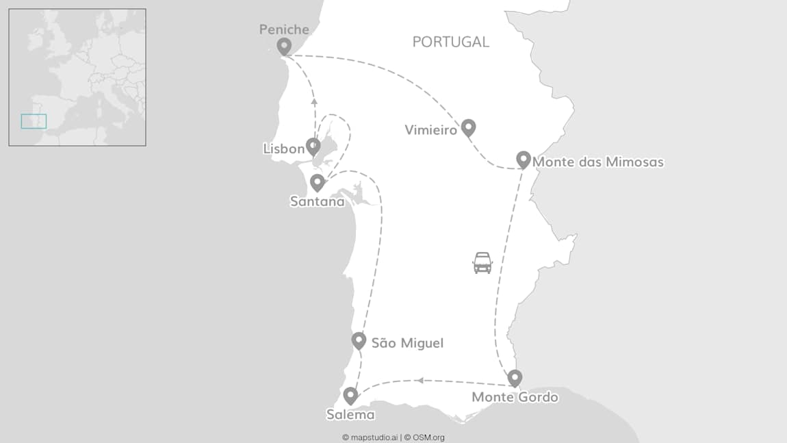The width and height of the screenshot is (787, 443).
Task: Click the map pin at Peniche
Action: point(284,46)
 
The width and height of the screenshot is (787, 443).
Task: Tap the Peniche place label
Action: point(284,29)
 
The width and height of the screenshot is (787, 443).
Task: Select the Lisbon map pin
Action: point(313,146)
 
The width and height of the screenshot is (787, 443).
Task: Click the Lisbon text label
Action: point(283,149)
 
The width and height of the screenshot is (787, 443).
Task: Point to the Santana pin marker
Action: point(317,182)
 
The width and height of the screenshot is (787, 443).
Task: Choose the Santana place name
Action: point(317,201)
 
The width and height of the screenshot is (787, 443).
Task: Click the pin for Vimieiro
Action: point(468,127)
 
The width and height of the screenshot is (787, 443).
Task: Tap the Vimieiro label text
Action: point(430,129)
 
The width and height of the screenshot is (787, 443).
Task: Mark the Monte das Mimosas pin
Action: point(524,159)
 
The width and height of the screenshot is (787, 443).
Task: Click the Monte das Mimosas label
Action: point(597,162)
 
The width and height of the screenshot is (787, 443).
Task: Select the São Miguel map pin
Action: point(359,340)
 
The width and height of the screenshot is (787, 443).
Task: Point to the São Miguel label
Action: point(407,343)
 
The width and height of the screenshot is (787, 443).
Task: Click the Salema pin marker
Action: point(350,395)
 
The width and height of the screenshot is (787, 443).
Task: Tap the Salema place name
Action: point(350,414)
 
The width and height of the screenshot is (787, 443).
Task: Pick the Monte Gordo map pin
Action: point(515,377)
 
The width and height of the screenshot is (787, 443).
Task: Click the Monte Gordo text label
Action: point(515,397)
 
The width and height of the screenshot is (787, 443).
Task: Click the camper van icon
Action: point(482,262)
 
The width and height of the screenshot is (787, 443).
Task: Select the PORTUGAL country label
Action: point(450,42)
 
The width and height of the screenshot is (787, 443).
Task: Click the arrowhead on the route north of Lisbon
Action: point(314,101)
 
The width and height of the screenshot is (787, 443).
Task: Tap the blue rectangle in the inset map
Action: point(34,121)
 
